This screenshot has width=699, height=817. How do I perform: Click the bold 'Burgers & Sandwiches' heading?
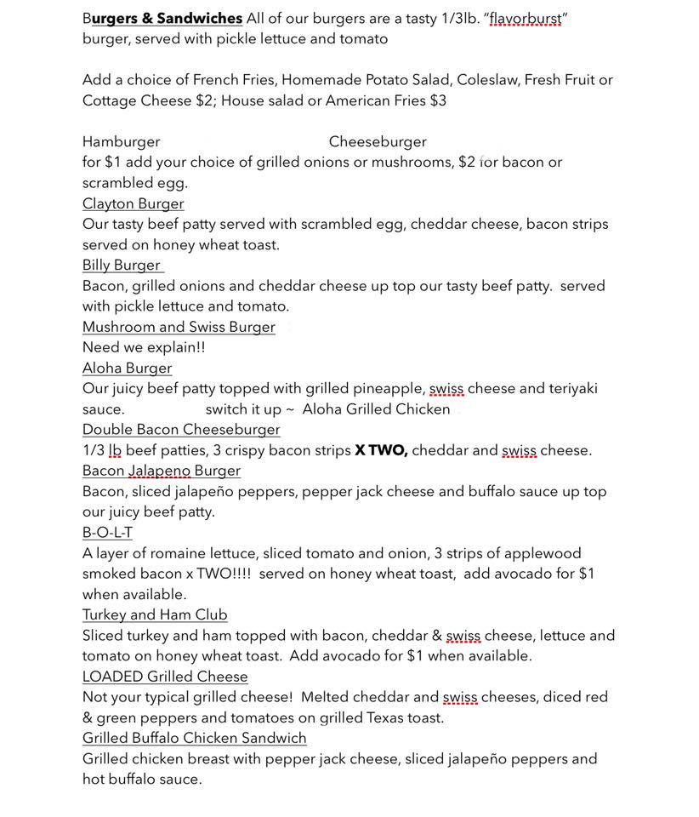click(162, 19)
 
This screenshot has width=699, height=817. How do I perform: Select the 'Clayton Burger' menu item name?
click(133, 203)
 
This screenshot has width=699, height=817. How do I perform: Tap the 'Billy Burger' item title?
click(122, 265)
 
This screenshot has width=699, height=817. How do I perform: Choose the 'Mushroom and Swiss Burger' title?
click(179, 327)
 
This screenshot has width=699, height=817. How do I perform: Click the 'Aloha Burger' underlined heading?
click(127, 368)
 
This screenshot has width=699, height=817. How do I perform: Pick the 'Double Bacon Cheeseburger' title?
click(181, 430)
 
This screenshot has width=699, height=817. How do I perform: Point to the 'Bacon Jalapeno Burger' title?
click(162, 471)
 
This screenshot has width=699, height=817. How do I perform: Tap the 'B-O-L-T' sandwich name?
click(107, 533)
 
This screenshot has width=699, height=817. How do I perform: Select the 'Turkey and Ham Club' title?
click(155, 614)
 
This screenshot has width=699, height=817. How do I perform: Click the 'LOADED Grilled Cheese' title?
click(165, 677)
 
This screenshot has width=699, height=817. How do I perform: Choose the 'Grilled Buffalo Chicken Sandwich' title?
click(195, 738)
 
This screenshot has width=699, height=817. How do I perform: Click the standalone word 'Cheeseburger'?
click(378, 142)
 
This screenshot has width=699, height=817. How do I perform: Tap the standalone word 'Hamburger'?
click(121, 142)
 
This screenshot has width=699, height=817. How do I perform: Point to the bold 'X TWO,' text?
click(381, 450)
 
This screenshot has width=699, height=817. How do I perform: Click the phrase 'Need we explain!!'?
click(144, 347)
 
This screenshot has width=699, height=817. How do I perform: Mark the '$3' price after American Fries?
click(438, 100)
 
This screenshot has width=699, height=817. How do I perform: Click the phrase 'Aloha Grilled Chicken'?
click(376, 409)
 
